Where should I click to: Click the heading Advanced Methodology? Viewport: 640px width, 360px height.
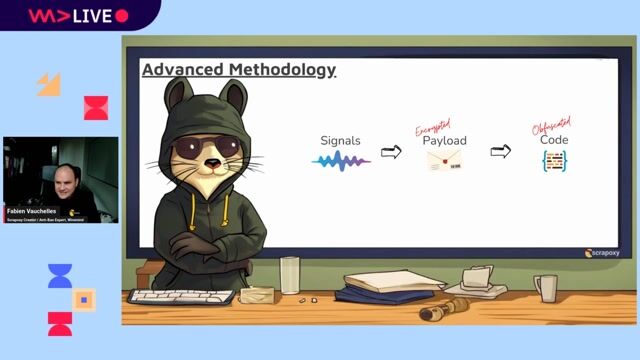point(238,70)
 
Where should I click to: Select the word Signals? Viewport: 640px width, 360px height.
point(340,141)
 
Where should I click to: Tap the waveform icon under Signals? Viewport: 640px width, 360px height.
point(341,160)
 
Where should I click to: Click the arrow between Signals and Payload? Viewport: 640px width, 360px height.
point(391,152)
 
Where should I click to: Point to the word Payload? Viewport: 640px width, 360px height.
point(444,141)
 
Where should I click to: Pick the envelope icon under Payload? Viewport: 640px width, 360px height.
point(444,160)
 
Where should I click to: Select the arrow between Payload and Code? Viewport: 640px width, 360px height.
point(500,152)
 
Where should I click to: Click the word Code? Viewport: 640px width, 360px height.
point(554,140)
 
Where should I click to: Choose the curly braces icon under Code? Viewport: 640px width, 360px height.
point(554,160)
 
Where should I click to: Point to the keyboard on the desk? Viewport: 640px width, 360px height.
point(181,296)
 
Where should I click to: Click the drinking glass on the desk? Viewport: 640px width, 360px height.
point(290,275)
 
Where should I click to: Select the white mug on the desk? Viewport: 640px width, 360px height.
point(545,288)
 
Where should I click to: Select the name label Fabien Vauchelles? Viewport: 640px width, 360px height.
point(32,212)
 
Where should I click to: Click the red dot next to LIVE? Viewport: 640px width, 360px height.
point(122,16)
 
